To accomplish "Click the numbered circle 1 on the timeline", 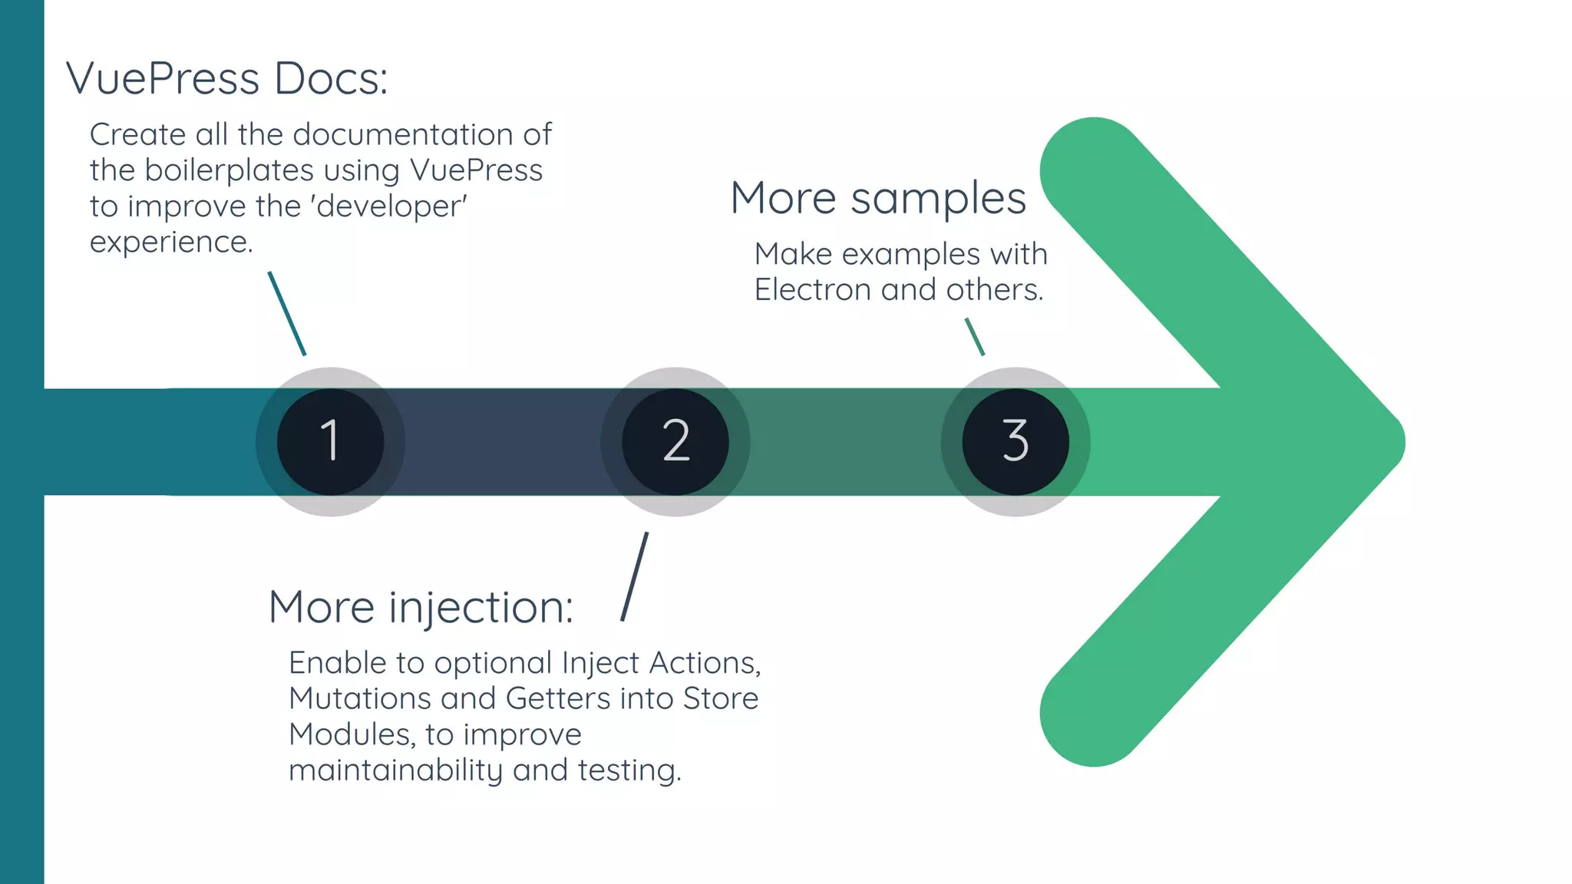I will pyautogui.click(x=330, y=441).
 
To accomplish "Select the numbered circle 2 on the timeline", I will pyautogui.click(x=675, y=441).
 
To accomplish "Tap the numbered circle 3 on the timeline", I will pyautogui.click(x=1015, y=441).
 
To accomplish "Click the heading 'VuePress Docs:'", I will pyautogui.click(x=227, y=78).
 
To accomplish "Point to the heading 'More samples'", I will pyautogui.click(x=877, y=198).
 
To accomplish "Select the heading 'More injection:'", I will pyautogui.click(x=421, y=607).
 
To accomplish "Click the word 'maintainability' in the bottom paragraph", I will pyautogui.click(x=395, y=770).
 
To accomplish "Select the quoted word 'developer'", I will pyautogui.click(x=391, y=206).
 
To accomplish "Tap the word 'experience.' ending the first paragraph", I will pyautogui.click(x=171, y=242).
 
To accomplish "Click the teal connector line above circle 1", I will pyautogui.click(x=287, y=313).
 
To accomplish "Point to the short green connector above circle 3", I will pyautogui.click(x=974, y=337).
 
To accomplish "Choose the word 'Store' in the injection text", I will pyautogui.click(x=720, y=698).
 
